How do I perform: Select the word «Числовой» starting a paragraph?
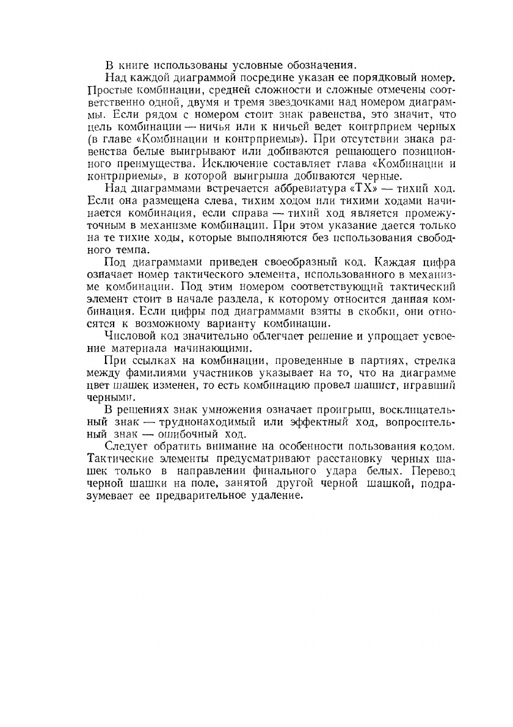coord(129,338)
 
